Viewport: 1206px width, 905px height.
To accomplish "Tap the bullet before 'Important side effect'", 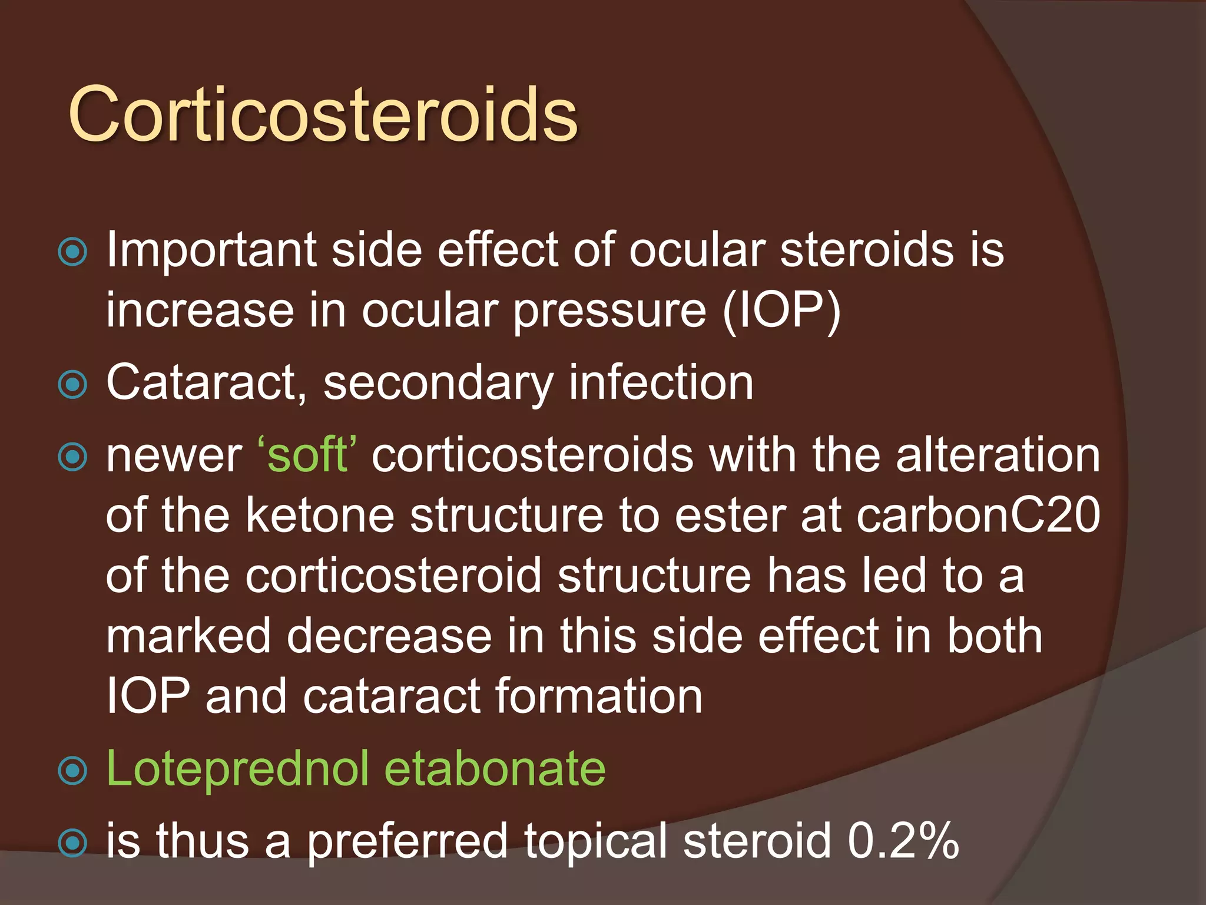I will [x=73, y=252].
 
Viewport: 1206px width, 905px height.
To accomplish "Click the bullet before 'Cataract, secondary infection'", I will [x=73, y=385].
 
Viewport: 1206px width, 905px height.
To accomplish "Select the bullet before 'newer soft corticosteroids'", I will [x=73, y=457].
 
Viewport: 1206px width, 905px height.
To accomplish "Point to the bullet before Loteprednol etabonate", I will [x=73, y=771].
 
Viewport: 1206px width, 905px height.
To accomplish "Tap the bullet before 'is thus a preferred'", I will [x=73, y=843].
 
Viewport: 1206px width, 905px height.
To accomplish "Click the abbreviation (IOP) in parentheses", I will [x=782, y=311].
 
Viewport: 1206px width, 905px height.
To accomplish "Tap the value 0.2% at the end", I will [x=903, y=841].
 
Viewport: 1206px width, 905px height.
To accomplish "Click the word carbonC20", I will [x=978, y=516].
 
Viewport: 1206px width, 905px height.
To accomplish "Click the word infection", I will [x=661, y=383].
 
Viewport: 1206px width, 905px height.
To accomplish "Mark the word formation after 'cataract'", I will [x=599, y=696].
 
